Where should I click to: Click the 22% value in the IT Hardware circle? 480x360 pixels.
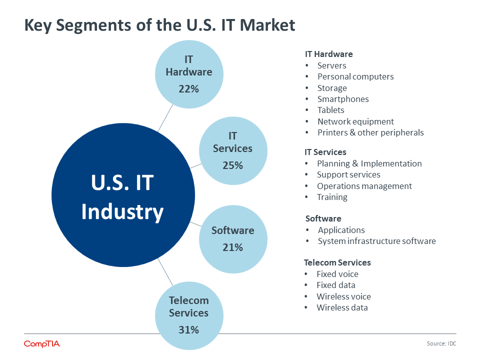coord(188,89)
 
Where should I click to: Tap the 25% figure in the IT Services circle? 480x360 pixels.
coord(232,165)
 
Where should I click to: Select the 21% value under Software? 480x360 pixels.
coord(232,247)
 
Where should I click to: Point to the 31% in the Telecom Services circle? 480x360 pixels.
coord(188,330)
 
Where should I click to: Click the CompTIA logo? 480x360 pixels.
coord(42,344)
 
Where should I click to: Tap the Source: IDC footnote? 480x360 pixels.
coord(441,343)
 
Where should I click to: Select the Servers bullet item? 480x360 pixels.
coord(332,65)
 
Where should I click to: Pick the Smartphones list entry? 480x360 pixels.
coord(343,99)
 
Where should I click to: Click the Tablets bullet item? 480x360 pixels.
coord(330,110)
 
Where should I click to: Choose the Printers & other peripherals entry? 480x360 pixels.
coord(370,132)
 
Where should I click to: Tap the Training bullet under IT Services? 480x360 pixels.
coord(332,197)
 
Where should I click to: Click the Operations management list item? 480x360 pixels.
coord(364,186)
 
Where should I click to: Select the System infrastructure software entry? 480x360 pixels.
coord(377,241)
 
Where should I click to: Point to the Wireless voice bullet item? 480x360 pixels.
coord(344,296)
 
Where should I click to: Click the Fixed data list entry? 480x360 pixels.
coord(336,285)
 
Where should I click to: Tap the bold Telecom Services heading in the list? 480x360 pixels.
coord(337,262)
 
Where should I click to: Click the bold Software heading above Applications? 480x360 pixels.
coord(323,218)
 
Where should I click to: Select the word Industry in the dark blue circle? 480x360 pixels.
coord(122,212)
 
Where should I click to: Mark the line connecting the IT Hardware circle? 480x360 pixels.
coord(165,118)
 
